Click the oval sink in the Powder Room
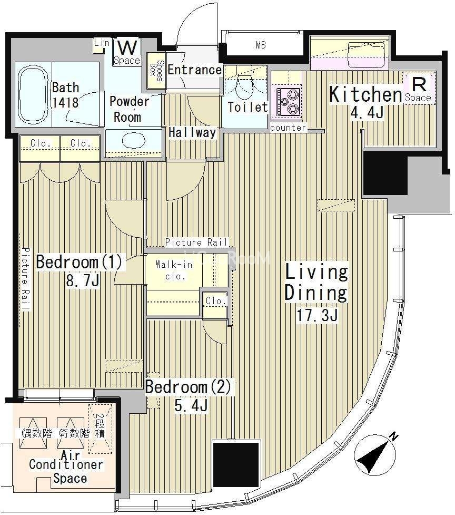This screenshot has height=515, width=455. point(134,141)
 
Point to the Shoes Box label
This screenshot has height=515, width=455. point(156,70)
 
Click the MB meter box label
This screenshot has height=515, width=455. point(261,45)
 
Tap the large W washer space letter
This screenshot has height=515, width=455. point(127,48)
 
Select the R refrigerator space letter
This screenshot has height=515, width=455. point(419,84)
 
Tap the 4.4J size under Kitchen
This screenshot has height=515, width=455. point(367,113)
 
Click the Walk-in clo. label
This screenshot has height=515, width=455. point(174,270)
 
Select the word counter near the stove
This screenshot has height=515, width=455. point(288,128)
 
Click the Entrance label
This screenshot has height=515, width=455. point(194,70)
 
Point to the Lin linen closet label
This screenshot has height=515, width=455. point(101,42)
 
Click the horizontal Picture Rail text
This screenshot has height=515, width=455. point(196,242)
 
